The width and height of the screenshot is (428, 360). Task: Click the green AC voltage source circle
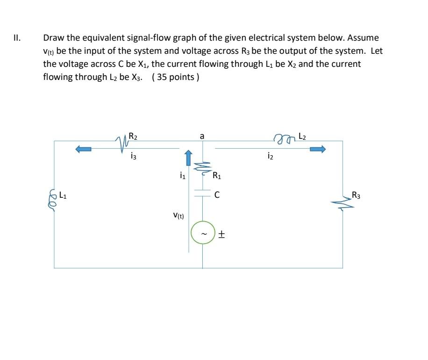click(x=202, y=232)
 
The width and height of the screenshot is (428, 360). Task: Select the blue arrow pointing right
click(x=316, y=149)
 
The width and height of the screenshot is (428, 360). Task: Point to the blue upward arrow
click(x=188, y=158)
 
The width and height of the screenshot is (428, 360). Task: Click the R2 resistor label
click(x=133, y=137)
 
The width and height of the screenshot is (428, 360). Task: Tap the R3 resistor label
click(x=356, y=195)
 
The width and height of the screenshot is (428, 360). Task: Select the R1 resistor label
click(x=217, y=176)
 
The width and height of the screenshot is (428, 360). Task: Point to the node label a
click(x=202, y=136)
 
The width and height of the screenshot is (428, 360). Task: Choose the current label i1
click(x=182, y=176)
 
